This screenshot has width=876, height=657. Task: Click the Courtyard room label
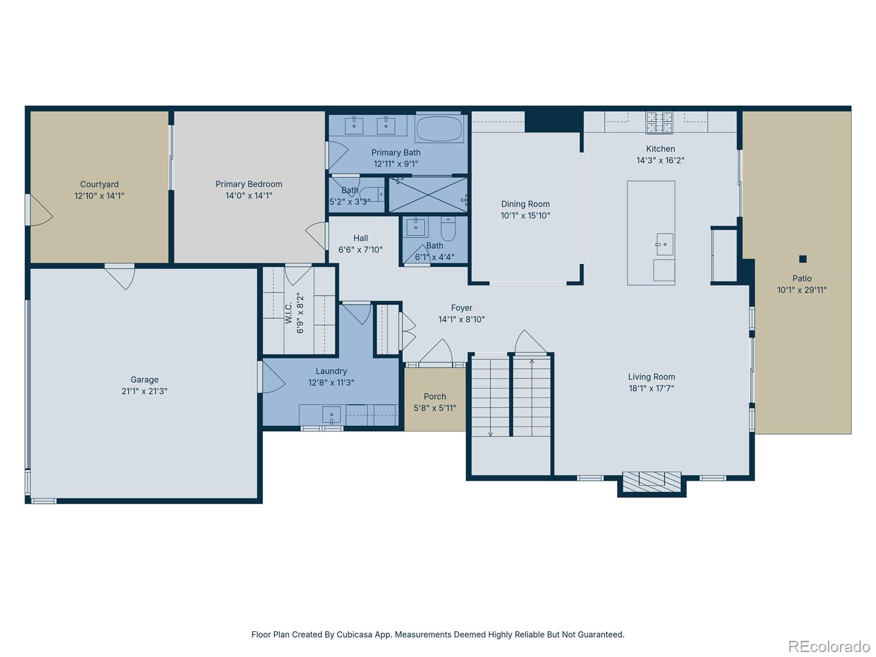pyautogui.click(x=99, y=185)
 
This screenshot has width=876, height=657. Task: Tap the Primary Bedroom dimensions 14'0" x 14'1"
pyautogui.click(x=249, y=195)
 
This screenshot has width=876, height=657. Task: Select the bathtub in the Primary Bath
pyautogui.click(x=439, y=129)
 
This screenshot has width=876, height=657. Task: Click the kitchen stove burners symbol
pyautogui.click(x=659, y=123)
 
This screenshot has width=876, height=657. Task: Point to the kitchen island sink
pyautogui.click(x=665, y=244)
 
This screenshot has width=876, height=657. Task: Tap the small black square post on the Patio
pyautogui.click(x=803, y=259)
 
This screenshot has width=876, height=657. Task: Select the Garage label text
pyautogui.click(x=145, y=379)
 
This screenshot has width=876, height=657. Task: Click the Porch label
pyautogui.click(x=435, y=396)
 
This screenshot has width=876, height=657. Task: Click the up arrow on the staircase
pyautogui.click(x=532, y=362)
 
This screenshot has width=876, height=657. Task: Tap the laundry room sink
pyautogui.click(x=331, y=414)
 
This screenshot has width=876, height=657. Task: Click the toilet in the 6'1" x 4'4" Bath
pyautogui.click(x=448, y=229)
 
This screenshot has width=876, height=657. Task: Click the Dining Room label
pyautogui.click(x=525, y=204)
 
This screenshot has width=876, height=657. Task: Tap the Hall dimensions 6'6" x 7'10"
pyautogui.click(x=360, y=250)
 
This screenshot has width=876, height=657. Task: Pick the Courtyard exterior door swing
pyautogui.click(x=41, y=210)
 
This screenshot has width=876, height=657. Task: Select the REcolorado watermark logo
pyautogui.click(x=829, y=646)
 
